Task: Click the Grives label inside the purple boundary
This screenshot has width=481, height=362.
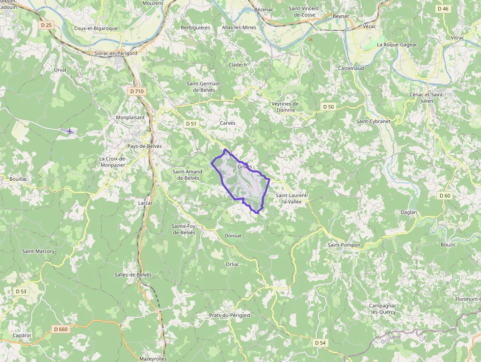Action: (244, 167)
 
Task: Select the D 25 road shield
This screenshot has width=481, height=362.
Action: (46, 25)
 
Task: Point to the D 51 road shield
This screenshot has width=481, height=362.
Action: (191, 124)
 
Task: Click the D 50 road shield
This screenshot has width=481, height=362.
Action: (328, 107)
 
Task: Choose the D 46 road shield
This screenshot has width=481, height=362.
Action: (443, 9)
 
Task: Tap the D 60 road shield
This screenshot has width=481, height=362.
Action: (445, 195)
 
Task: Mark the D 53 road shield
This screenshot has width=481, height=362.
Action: (21, 291)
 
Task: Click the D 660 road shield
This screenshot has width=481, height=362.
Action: (61, 329)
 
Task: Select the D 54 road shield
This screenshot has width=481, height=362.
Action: (320, 342)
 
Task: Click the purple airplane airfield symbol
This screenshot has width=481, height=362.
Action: (70, 131)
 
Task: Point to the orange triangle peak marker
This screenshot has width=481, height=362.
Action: (310, 39)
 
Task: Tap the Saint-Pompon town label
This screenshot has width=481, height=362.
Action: (344, 245)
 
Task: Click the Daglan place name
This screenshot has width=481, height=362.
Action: (408, 212)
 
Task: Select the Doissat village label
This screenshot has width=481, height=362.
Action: (233, 236)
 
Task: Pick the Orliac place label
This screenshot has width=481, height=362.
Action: (233, 264)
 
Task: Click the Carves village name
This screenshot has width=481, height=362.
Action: (228, 123)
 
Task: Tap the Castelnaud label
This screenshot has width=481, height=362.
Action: (351, 68)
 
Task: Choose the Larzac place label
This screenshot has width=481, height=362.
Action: (146, 202)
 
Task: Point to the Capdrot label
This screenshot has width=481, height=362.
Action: (22, 335)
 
